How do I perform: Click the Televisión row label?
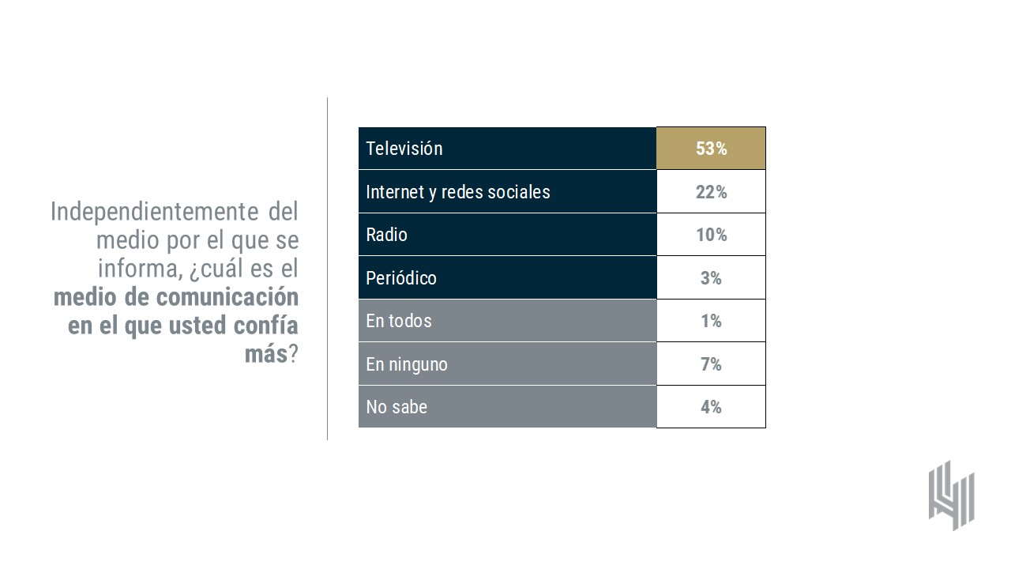point(404,149)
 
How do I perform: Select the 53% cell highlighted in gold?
point(711,149)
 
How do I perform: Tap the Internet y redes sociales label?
point(458,192)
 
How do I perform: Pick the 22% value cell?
point(711,192)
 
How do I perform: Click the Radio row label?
point(387,235)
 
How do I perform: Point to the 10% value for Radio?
point(711,235)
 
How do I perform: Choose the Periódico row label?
point(401,278)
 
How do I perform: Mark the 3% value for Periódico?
point(711,278)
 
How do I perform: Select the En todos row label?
point(399,321)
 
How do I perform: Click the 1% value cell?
point(711,321)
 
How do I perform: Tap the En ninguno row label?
point(407,364)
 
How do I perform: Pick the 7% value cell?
point(711,364)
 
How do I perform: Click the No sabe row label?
point(397,407)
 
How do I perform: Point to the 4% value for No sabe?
point(711,407)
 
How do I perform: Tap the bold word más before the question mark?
point(265,354)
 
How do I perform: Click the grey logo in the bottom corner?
point(951,495)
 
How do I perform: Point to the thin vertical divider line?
point(327,269)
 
